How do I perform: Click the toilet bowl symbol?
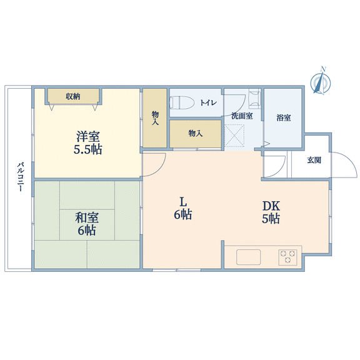[x=182, y=102]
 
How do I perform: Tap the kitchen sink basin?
[x=248, y=257]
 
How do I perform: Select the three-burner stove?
[x=288, y=257]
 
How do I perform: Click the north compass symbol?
[x=321, y=81]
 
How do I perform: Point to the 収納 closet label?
[x=73, y=96]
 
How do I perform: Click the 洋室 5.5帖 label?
[x=88, y=142]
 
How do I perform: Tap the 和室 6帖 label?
[x=87, y=224]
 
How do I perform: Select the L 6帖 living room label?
[x=182, y=209]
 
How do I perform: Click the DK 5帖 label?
[x=271, y=212]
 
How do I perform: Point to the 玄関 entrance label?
[x=314, y=160]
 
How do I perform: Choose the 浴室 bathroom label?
[x=284, y=117]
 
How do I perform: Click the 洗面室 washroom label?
[x=242, y=116]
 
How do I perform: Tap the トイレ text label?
[x=208, y=102]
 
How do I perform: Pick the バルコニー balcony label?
[x=20, y=177]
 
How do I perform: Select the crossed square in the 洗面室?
[x=234, y=136]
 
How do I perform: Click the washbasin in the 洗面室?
[x=254, y=98]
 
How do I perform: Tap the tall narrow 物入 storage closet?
[x=155, y=118]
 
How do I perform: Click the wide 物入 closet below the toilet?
[x=196, y=134]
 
